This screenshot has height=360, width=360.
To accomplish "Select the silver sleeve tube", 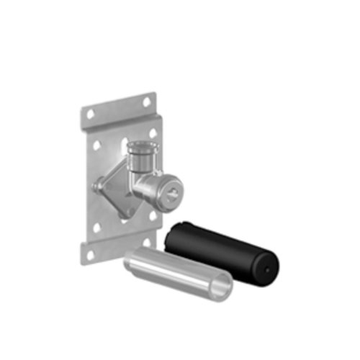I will tap(173, 270).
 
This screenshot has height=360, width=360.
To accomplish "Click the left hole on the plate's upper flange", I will tap(91, 113).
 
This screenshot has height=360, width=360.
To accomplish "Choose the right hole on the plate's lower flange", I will tap(146, 243).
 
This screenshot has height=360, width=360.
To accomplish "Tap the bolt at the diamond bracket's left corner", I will tap(96, 186).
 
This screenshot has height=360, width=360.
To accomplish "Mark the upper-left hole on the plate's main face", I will tap(99, 145).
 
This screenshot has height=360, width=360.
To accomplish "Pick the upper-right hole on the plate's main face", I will tap(151, 133).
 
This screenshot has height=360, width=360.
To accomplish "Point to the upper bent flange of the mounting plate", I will tap(119, 108).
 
